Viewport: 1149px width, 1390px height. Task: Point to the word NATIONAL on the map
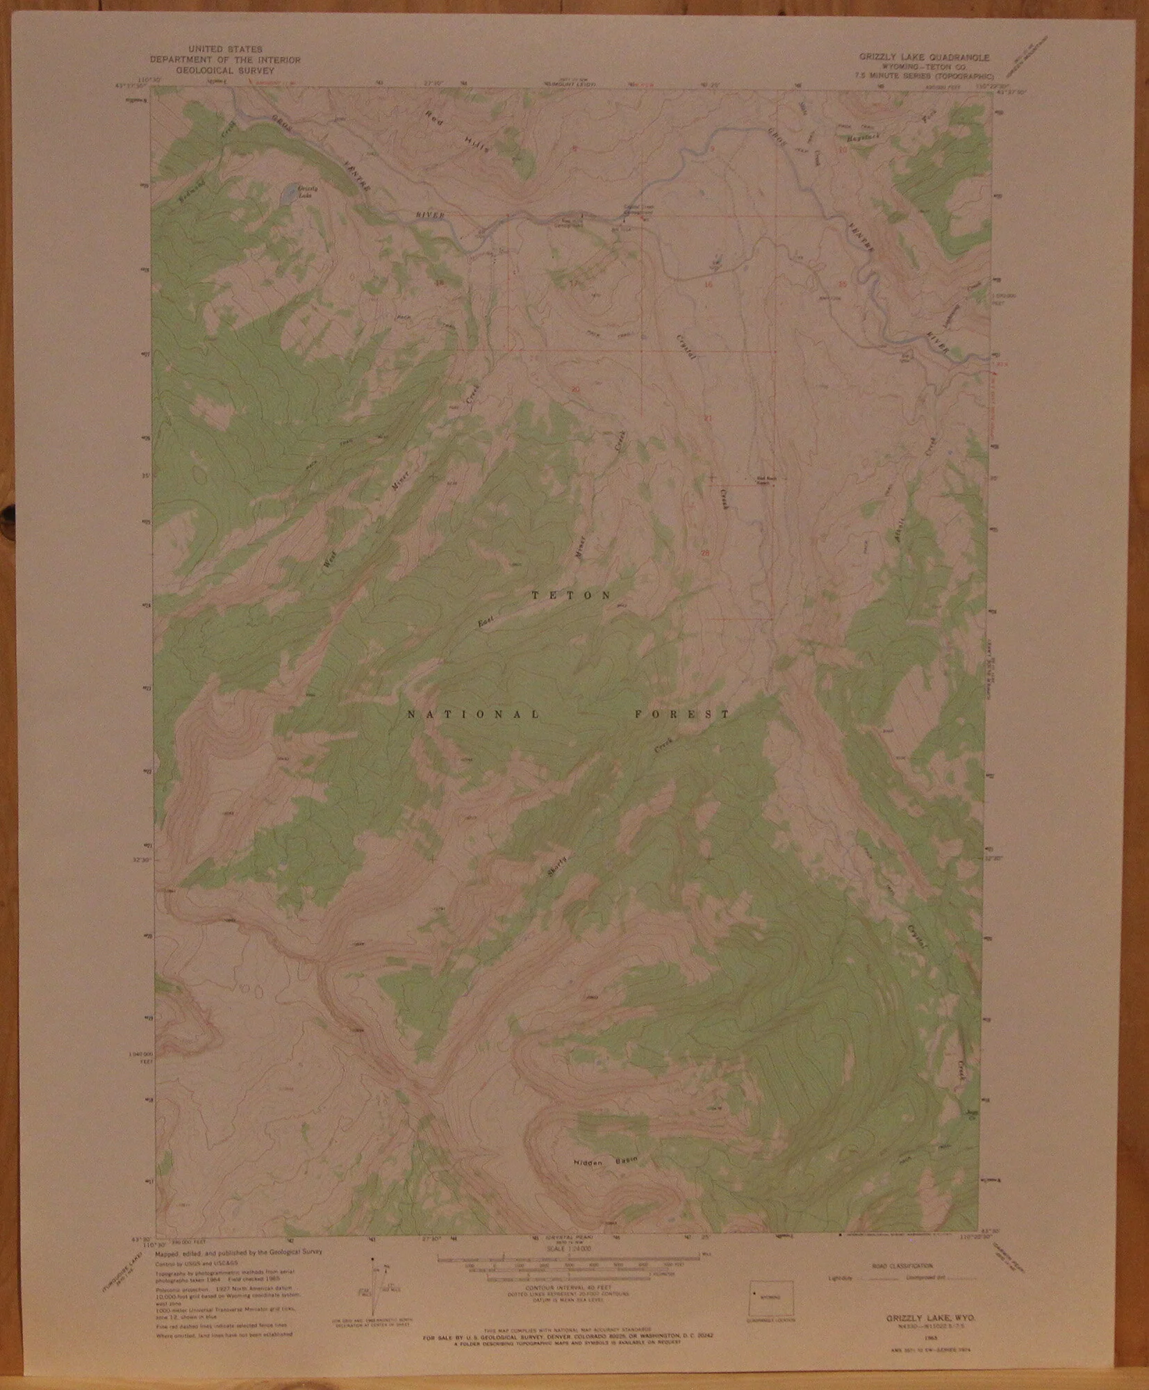(x=472, y=714)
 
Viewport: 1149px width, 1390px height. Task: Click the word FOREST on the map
(x=682, y=714)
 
